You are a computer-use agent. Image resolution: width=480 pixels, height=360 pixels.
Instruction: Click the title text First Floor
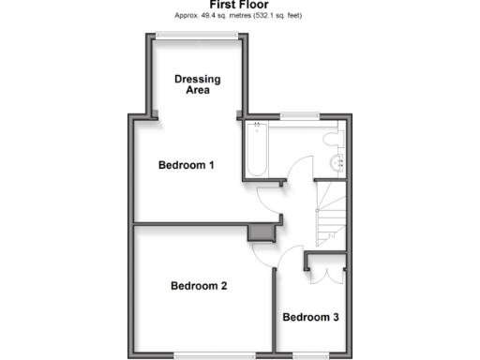(x=239, y=5)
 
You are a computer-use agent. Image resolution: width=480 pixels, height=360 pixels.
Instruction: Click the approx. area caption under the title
(x=239, y=15)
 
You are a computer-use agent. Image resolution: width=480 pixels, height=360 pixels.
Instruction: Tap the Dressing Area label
(x=198, y=85)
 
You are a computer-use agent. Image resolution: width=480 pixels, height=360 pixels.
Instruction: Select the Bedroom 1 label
(x=186, y=166)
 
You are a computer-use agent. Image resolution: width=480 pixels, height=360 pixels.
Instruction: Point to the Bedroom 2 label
(x=198, y=287)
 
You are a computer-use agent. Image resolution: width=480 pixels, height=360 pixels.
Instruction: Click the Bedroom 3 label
(x=310, y=318)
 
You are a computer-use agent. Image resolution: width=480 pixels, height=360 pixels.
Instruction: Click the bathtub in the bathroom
(x=257, y=151)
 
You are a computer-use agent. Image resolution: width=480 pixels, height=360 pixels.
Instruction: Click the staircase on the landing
(x=330, y=212)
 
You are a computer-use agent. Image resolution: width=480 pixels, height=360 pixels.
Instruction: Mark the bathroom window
(x=298, y=116)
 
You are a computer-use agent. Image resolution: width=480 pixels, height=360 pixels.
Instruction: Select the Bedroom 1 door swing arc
(x=266, y=195)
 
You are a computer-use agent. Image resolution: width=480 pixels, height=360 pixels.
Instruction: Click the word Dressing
(x=198, y=80)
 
